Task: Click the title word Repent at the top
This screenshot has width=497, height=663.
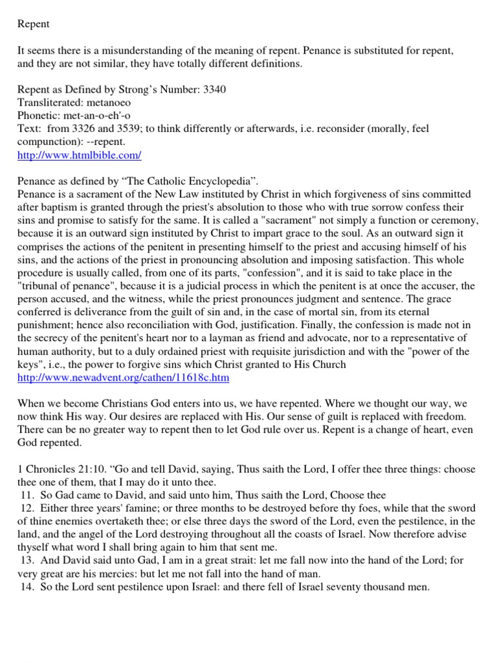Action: point(33,25)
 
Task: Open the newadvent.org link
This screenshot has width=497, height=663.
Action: point(123,377)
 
